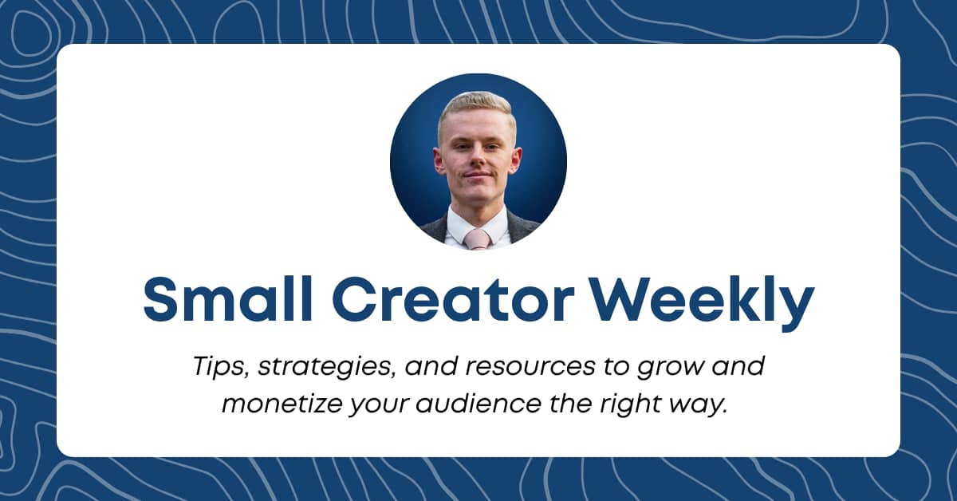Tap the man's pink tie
(478, 238)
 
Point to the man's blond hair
(476, 106)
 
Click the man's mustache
(477, 172)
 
